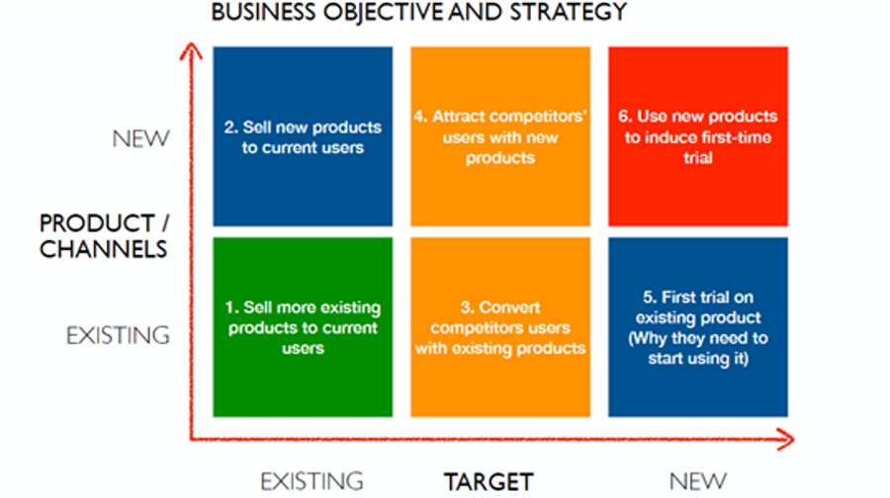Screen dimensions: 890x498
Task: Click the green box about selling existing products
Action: point(303,327)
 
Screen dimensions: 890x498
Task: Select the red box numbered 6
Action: point(697,136)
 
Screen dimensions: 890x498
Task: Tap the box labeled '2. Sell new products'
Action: point(303,136)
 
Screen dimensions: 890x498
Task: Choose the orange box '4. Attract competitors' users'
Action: point(500,136)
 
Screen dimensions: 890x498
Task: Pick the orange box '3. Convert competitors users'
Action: point(500,327)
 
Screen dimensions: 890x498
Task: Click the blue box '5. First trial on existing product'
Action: point(697,327)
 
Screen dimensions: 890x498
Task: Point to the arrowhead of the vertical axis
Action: point(191,50)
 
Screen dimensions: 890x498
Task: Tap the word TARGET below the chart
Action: point(489,482)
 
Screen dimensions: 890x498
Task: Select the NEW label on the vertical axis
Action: point(140,138)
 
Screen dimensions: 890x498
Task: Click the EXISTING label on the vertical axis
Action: point(118,335)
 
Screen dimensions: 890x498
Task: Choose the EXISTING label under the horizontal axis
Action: point(311,481)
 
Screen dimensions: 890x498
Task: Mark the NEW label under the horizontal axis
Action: point(697,481)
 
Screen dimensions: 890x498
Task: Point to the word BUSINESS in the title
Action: point(264,12)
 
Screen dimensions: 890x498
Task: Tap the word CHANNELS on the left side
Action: point(103,249)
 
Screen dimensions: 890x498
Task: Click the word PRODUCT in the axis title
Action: point(97,223)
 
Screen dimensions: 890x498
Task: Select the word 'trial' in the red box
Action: point(697,158)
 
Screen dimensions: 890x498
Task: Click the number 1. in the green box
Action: point(231,307)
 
